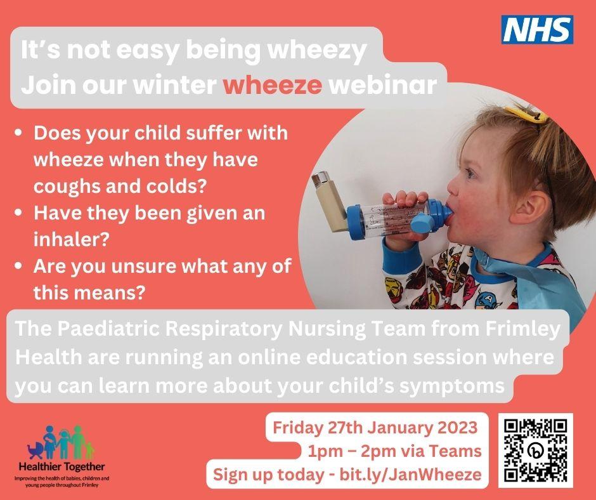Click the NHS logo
[x=537, y=30]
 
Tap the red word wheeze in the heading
[x=273, y=85]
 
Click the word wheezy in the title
[x=317, y=51]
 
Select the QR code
[x=536, y=450]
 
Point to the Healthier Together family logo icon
[x=60, y=442]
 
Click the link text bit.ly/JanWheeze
[x=410, y=475]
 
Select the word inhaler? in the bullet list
[x=72, y=239]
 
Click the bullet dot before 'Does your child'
[x=18, y=133]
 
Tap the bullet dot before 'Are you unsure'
[x=18, y=266]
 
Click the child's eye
[x=470, y=174]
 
